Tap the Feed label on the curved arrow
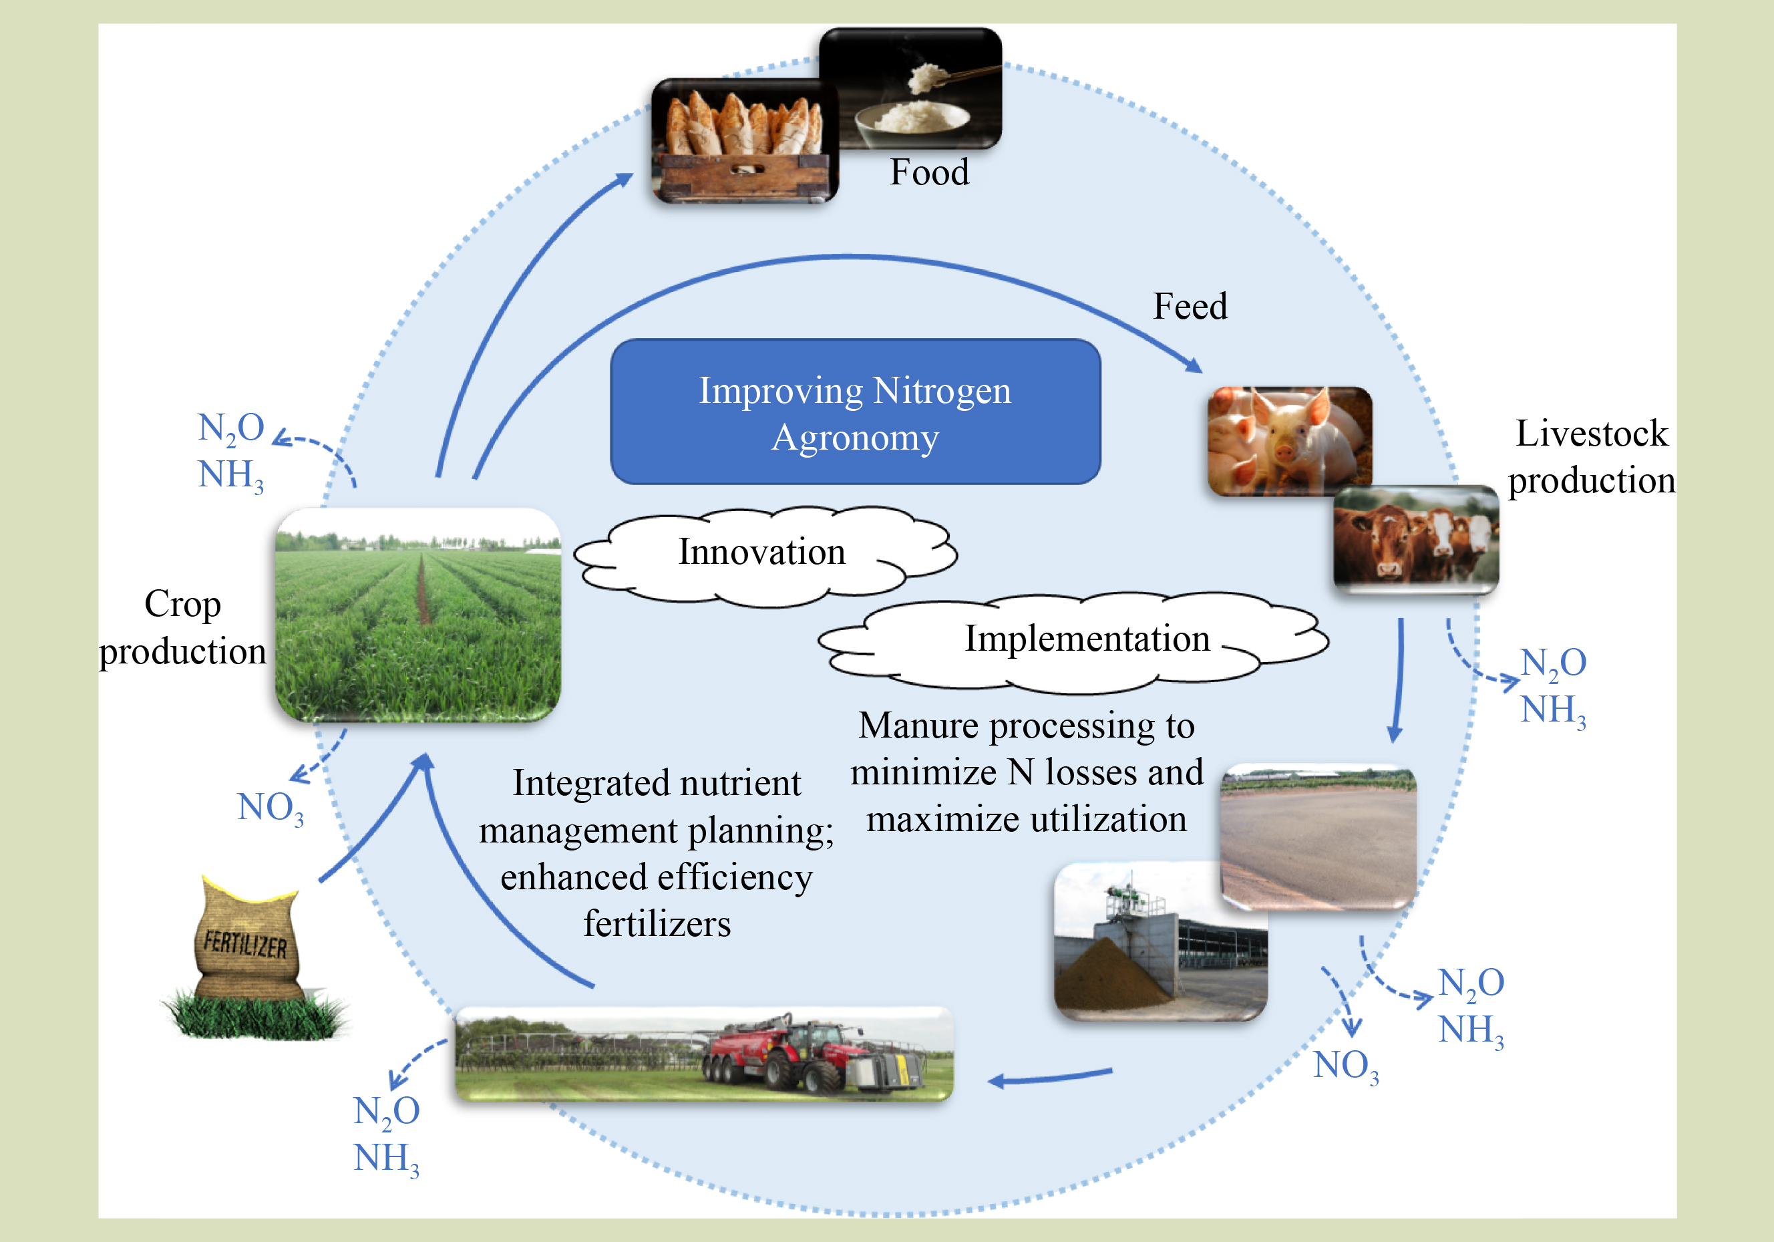coord(1190,307)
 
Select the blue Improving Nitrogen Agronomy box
coord(856,412)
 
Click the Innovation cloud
coord(762,553)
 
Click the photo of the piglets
coord(1289,440)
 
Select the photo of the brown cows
coord(1415,539)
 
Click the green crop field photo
coord(418,615)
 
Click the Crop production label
coord(182,627)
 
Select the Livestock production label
coord(1592,457)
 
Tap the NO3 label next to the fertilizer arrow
coord(270,808)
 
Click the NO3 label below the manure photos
coord(1346,1066)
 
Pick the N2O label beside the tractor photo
coord(386,1111)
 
